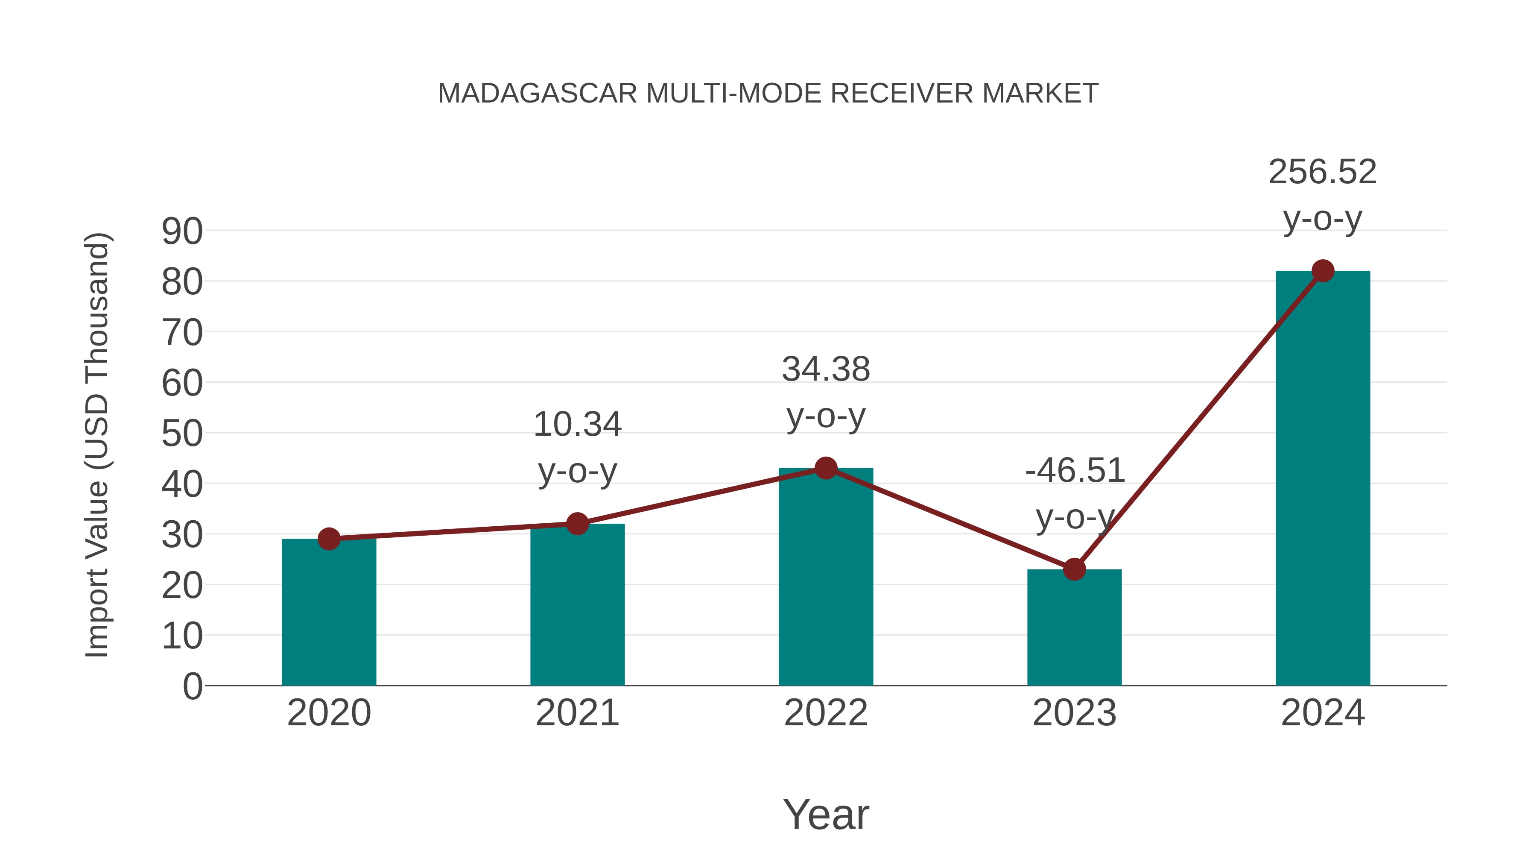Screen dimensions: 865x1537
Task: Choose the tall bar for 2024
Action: pyautogui.click(x=1322, y=478)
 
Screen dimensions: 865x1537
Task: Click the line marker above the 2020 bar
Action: pyautogui.click(x=329, y=539)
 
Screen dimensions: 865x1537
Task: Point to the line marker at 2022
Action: pyautogui.click(x=826, y=468)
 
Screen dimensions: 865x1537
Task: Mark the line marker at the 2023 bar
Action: pyautogui.click(x=1074, y=569)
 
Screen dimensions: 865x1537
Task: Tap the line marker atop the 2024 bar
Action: pyautogui.click(x=1323, y=271)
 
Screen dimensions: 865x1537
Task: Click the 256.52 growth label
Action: pyautogui.click(x=1322, y=172)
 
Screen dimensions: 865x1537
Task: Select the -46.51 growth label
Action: pyautogui.click(x=1075, y=470)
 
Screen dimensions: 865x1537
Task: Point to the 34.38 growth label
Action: pyautogui.click(x=826, y=369)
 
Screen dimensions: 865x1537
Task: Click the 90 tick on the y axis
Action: pyautogui.click(x=182, y=232)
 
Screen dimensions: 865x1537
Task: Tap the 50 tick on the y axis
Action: pyautogui.click(x=182, y=434)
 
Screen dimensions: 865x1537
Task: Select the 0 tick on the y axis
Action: pyautogui.click(x=192, y=686)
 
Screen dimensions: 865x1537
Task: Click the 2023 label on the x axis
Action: pyautogui.click(x=1074, y=713)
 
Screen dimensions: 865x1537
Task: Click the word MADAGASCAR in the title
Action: pyautogui.click(x=537, y=94)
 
